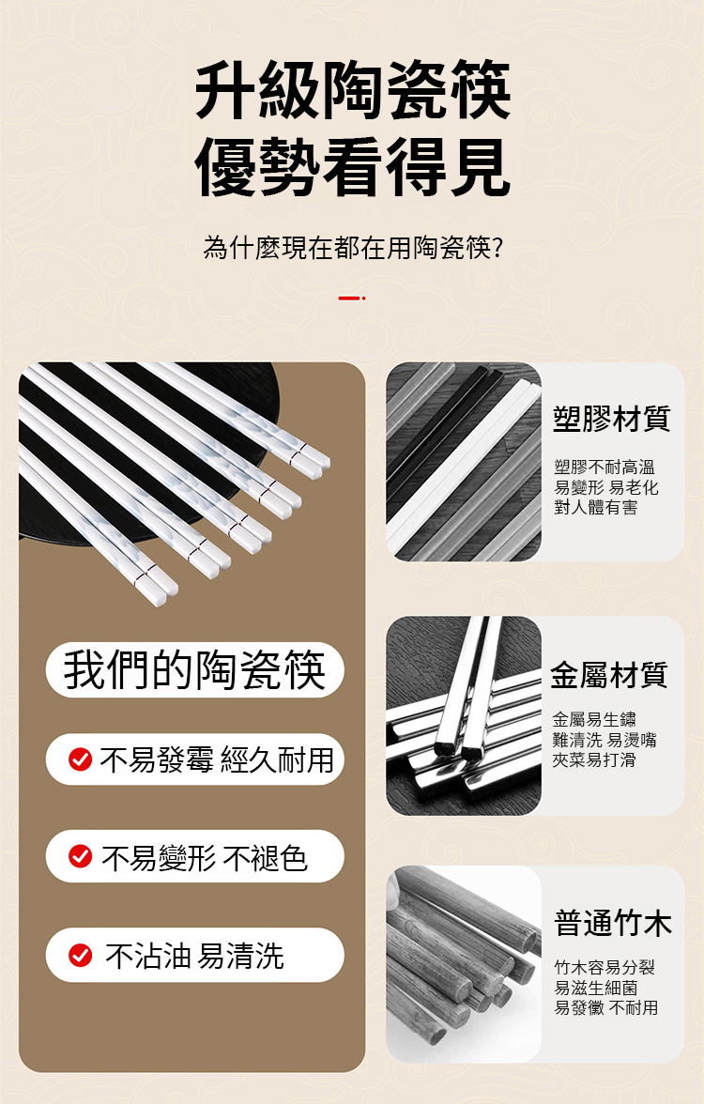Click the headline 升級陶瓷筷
353,89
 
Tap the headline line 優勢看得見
353,166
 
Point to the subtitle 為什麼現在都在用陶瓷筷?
353,248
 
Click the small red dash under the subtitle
351,299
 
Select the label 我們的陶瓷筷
195,669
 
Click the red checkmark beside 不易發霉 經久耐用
81,759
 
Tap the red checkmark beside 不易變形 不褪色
81,856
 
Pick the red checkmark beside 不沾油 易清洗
81,955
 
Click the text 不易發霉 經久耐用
217,759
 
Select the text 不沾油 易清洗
194,956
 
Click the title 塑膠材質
611,419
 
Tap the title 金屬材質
609,674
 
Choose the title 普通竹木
612,923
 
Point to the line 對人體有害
595,507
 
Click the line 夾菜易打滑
594,759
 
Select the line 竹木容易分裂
605,967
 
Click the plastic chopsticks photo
464,462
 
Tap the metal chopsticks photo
464,716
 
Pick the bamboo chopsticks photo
464,964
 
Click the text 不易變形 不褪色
205,858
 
